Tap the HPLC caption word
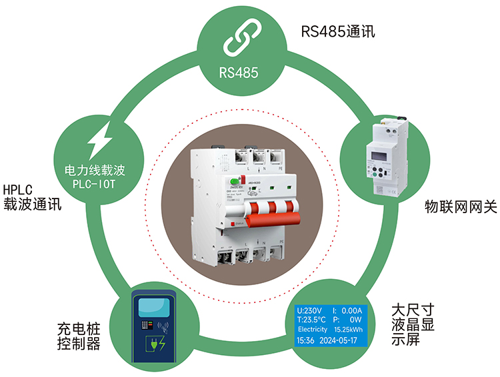[x=18, y=189]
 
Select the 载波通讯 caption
[x=33, y=204]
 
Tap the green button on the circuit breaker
[x=234, y=181]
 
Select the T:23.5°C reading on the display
[x=311, y=320]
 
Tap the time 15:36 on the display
[x=305, y=340]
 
